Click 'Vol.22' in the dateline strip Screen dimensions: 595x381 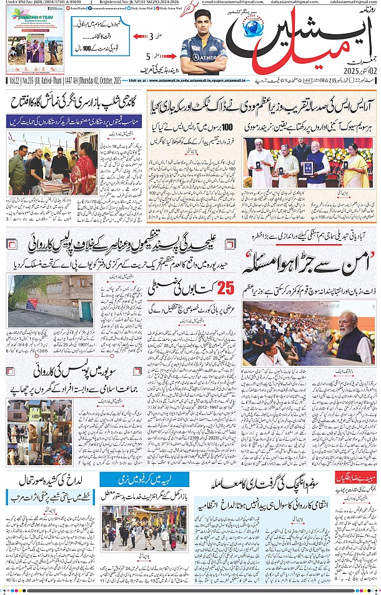pos(13,81)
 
